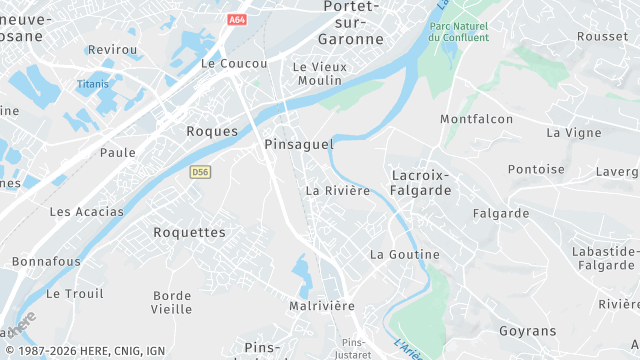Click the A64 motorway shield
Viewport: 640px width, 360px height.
(x=237, y=19)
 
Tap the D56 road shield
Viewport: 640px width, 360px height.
(x=200, y=172)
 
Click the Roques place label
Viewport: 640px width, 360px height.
(x=212, y=131)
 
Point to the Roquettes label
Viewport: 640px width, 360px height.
(x=189, y=232)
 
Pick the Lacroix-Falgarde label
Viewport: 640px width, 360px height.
(x=421, y=182)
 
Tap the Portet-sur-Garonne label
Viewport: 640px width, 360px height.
(x=350, y=23)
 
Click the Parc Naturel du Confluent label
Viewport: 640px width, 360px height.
(x=458, y=32)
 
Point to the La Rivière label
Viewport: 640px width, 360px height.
(x=338, y=190)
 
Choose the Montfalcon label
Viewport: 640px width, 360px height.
(x=477, y=119)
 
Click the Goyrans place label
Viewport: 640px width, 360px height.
(x=527, y=330)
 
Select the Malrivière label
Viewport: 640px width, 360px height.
(x=321, y=305)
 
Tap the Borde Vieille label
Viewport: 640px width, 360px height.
(x=172, y=302)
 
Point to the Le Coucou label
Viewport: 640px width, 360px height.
(x=234, y=63)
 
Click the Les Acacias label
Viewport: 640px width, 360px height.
(x=87, y=212)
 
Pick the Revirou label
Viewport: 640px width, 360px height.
(x=112, y=49)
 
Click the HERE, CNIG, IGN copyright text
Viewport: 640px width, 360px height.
(x=85, y=351)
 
